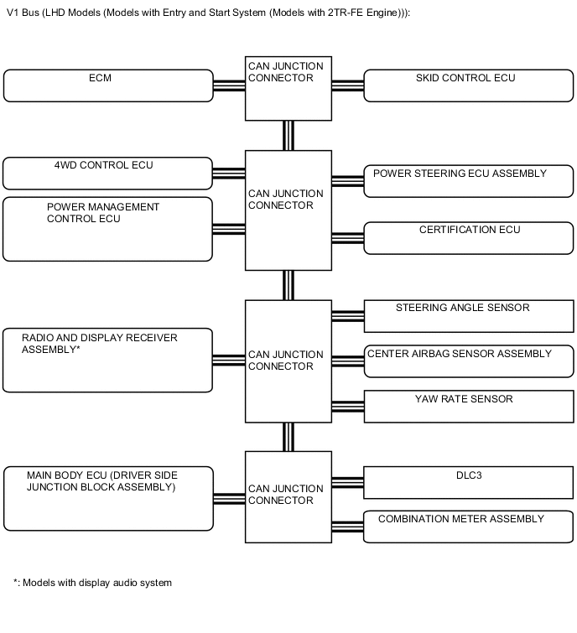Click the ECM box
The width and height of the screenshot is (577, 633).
point(108,85)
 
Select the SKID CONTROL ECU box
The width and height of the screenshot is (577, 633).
point(468,85)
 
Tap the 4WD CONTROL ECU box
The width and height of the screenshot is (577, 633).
point(108,173)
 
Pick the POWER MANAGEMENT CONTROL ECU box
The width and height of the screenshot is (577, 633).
point(108,228)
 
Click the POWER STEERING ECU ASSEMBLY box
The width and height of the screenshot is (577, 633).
point(468,180)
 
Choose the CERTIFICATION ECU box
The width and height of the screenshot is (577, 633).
point(468,237)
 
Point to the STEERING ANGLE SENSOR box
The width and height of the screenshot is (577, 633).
point(468,315)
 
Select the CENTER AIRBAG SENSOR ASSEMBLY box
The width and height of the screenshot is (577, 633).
point(468,361)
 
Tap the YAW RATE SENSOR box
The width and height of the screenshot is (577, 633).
point(468,407)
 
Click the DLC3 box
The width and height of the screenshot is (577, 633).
point(468,483)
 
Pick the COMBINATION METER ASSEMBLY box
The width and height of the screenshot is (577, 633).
point(468,527)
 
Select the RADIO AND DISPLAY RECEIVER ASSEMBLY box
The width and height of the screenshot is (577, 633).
point(108,360)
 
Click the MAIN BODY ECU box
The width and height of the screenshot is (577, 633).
point(108,499)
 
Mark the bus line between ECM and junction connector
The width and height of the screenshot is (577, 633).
point(229,85)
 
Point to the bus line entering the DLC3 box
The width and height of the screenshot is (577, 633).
point(347,482)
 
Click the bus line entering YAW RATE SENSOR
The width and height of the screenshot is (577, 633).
point(347,407)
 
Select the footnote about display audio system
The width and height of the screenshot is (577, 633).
point(92,583)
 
